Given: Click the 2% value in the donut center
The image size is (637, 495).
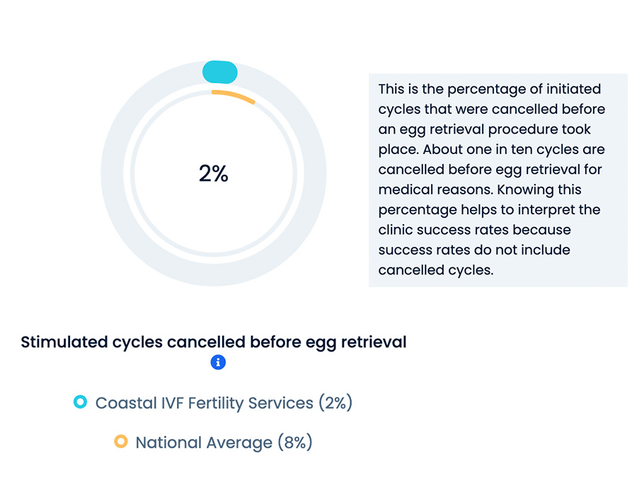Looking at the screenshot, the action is [x=213, y=174].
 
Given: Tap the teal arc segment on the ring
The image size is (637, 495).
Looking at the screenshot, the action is [x=220, y=72].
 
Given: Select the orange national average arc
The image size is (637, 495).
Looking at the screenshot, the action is [x=233, y=95].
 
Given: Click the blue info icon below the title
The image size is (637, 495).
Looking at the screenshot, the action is [x=218, y=362].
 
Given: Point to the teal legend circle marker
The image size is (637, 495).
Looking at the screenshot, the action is [x=81, y=402].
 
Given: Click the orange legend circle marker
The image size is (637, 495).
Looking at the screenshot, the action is [x=120, y=441].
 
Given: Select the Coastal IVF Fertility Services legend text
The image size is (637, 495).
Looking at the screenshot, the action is [x=205, y=403].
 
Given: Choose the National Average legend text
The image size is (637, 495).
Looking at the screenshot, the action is [x=204, y=442].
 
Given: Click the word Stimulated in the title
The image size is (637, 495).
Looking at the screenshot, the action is [x=64, y=342].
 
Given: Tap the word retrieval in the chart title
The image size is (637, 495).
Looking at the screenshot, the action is [x=374, y=342].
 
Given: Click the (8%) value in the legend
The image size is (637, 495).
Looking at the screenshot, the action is [x=295, y=442].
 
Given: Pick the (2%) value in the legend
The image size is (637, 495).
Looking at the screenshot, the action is [x=335, y=403].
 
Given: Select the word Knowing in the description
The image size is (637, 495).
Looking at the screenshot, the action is [x=523, y=190].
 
